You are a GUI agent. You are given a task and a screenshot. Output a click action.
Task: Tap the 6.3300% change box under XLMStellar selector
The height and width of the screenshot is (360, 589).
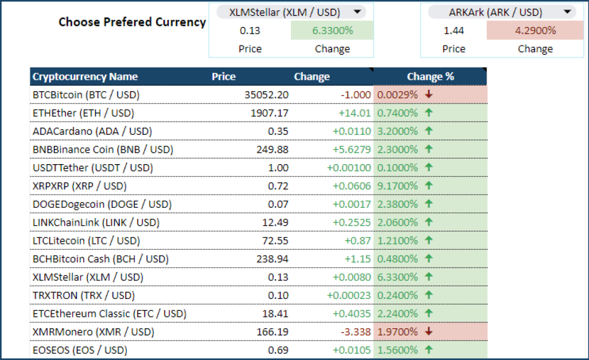[x=332, y=30]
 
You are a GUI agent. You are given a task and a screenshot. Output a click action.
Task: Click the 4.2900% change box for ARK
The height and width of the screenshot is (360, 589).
[x=535, y=30]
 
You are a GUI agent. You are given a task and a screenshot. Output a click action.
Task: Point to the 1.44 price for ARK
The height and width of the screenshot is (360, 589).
[x=454, y=30]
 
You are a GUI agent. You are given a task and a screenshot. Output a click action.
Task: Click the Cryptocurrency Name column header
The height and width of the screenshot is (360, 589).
[x=85, y=77]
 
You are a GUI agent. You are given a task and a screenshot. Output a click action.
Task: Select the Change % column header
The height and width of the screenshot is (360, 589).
[x=430, y=77]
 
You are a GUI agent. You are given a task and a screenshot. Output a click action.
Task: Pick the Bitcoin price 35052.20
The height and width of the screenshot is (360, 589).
[x=266, y=95]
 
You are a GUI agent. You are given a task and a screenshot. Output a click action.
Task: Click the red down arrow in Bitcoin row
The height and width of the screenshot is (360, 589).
[x=429, y=94]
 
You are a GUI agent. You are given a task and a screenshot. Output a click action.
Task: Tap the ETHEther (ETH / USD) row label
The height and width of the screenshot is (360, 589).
[x=83, y=113]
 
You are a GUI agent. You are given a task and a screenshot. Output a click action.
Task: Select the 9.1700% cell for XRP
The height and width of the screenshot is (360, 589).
[x=397, y=186]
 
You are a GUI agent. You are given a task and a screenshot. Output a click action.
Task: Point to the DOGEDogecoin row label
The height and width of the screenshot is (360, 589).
[x=102, y=204]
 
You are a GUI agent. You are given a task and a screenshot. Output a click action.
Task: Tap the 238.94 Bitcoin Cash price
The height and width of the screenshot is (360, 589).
[x=272, y=259]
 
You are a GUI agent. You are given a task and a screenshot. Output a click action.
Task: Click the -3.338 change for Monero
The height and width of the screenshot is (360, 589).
[x=357, y=332]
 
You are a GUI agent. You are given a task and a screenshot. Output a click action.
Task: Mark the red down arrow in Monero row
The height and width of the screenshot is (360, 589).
[x=429, y=331]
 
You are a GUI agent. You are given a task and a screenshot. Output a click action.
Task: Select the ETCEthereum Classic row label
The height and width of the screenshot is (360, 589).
[x=109, y=313]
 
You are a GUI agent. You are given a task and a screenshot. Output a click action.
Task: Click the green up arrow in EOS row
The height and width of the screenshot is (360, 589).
[x=429, y=350]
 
